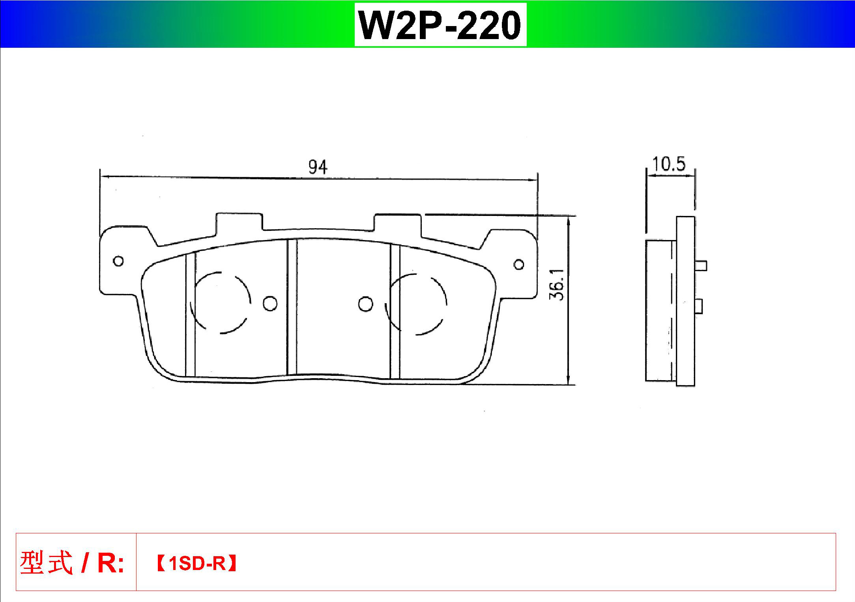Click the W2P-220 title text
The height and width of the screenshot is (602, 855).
point(440,25)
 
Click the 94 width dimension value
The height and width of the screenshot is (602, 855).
point(318,167)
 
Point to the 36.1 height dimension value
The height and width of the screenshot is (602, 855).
point(557,285)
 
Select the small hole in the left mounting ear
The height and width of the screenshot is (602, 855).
point(118,261)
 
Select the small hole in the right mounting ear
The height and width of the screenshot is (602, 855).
point(519,264)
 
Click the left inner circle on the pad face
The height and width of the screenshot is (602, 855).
point(270,303)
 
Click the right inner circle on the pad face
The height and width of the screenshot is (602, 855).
point(366,304)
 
